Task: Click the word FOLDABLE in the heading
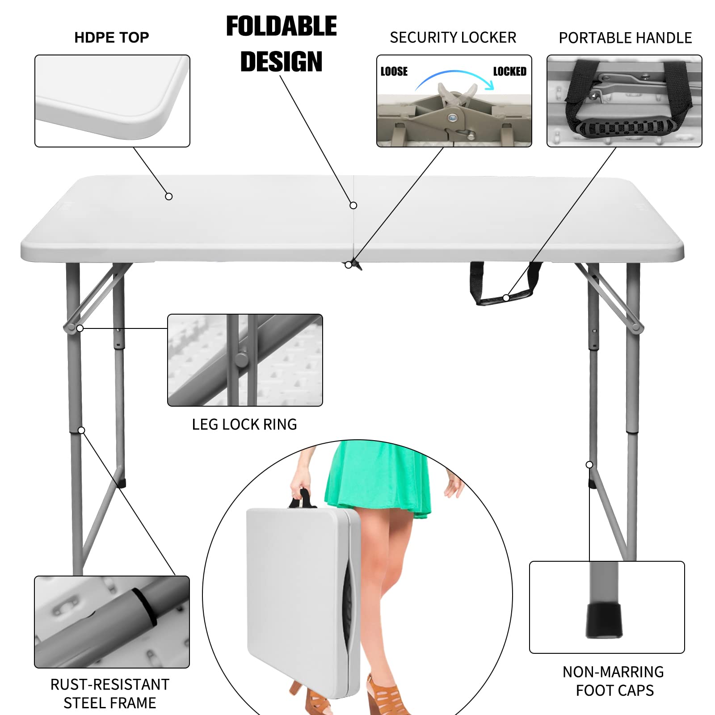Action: [x=281, y=26]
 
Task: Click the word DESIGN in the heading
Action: [x=281, y=62]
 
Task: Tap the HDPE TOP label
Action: [x=111, y=38]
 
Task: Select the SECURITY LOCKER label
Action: [x=453, y=38]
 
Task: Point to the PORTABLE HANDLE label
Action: [x=625, y=38]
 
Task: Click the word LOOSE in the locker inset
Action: [x=394, y=71]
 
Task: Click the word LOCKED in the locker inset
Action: [x=509, y=71]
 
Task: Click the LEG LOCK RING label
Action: [x=244, y=424]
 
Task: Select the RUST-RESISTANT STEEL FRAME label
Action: [x=110, y=693]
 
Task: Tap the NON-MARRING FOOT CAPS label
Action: [x=614, y=681]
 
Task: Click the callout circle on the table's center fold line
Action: [x=353, y=206]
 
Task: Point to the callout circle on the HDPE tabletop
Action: [x=169, y=197]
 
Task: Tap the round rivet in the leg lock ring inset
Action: [x=241, y=359]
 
